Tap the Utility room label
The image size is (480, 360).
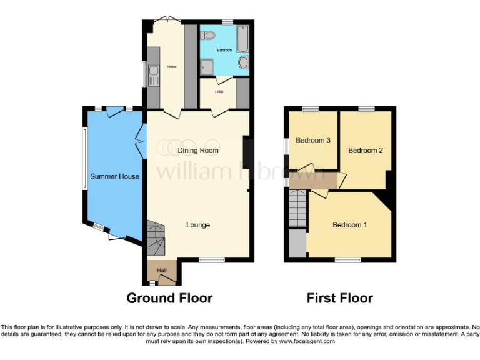pyautogui.click(x=219, y=92)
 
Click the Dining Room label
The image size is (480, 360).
pyautogui.click(x=198, y=151)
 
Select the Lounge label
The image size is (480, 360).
pyautogui.click(x=197, y=225)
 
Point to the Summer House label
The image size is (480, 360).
pyautogui.click(x=114, y=177)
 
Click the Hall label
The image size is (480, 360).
pyautogui.click(x=162, y=270)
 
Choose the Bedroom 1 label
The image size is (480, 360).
pyautogui.click(x=349, y=225)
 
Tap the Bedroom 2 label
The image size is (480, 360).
pyautogui.click(x=365, y=151)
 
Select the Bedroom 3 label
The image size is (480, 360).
pyautogui.click(x=313, y=141)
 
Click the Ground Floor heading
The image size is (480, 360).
pyautogui.click(x=169, y=299)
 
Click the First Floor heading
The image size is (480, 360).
pyautogui.click(x=339, y=299)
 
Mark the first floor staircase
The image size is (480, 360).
pyautogui.click(x=298, y=209)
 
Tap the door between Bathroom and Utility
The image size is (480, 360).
pyautogui.click(x=221, y=79)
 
